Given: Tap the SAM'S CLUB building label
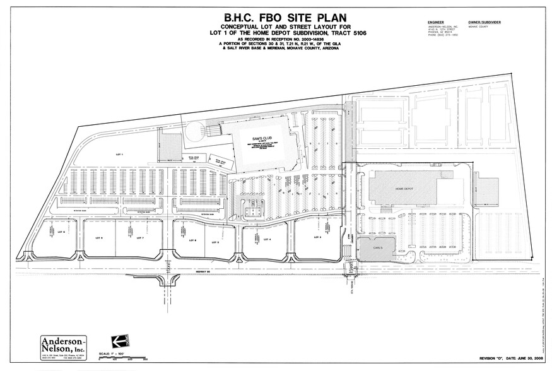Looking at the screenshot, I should coord(261,138).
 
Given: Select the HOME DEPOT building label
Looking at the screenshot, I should coord(403,188).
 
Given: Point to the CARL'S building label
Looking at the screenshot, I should coord(377,248).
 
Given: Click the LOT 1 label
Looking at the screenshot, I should coord(117,154).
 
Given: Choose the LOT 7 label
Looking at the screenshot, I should coord(142,238).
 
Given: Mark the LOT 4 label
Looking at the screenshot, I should coord(267,239).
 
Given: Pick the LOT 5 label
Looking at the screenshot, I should coord(216,242).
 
